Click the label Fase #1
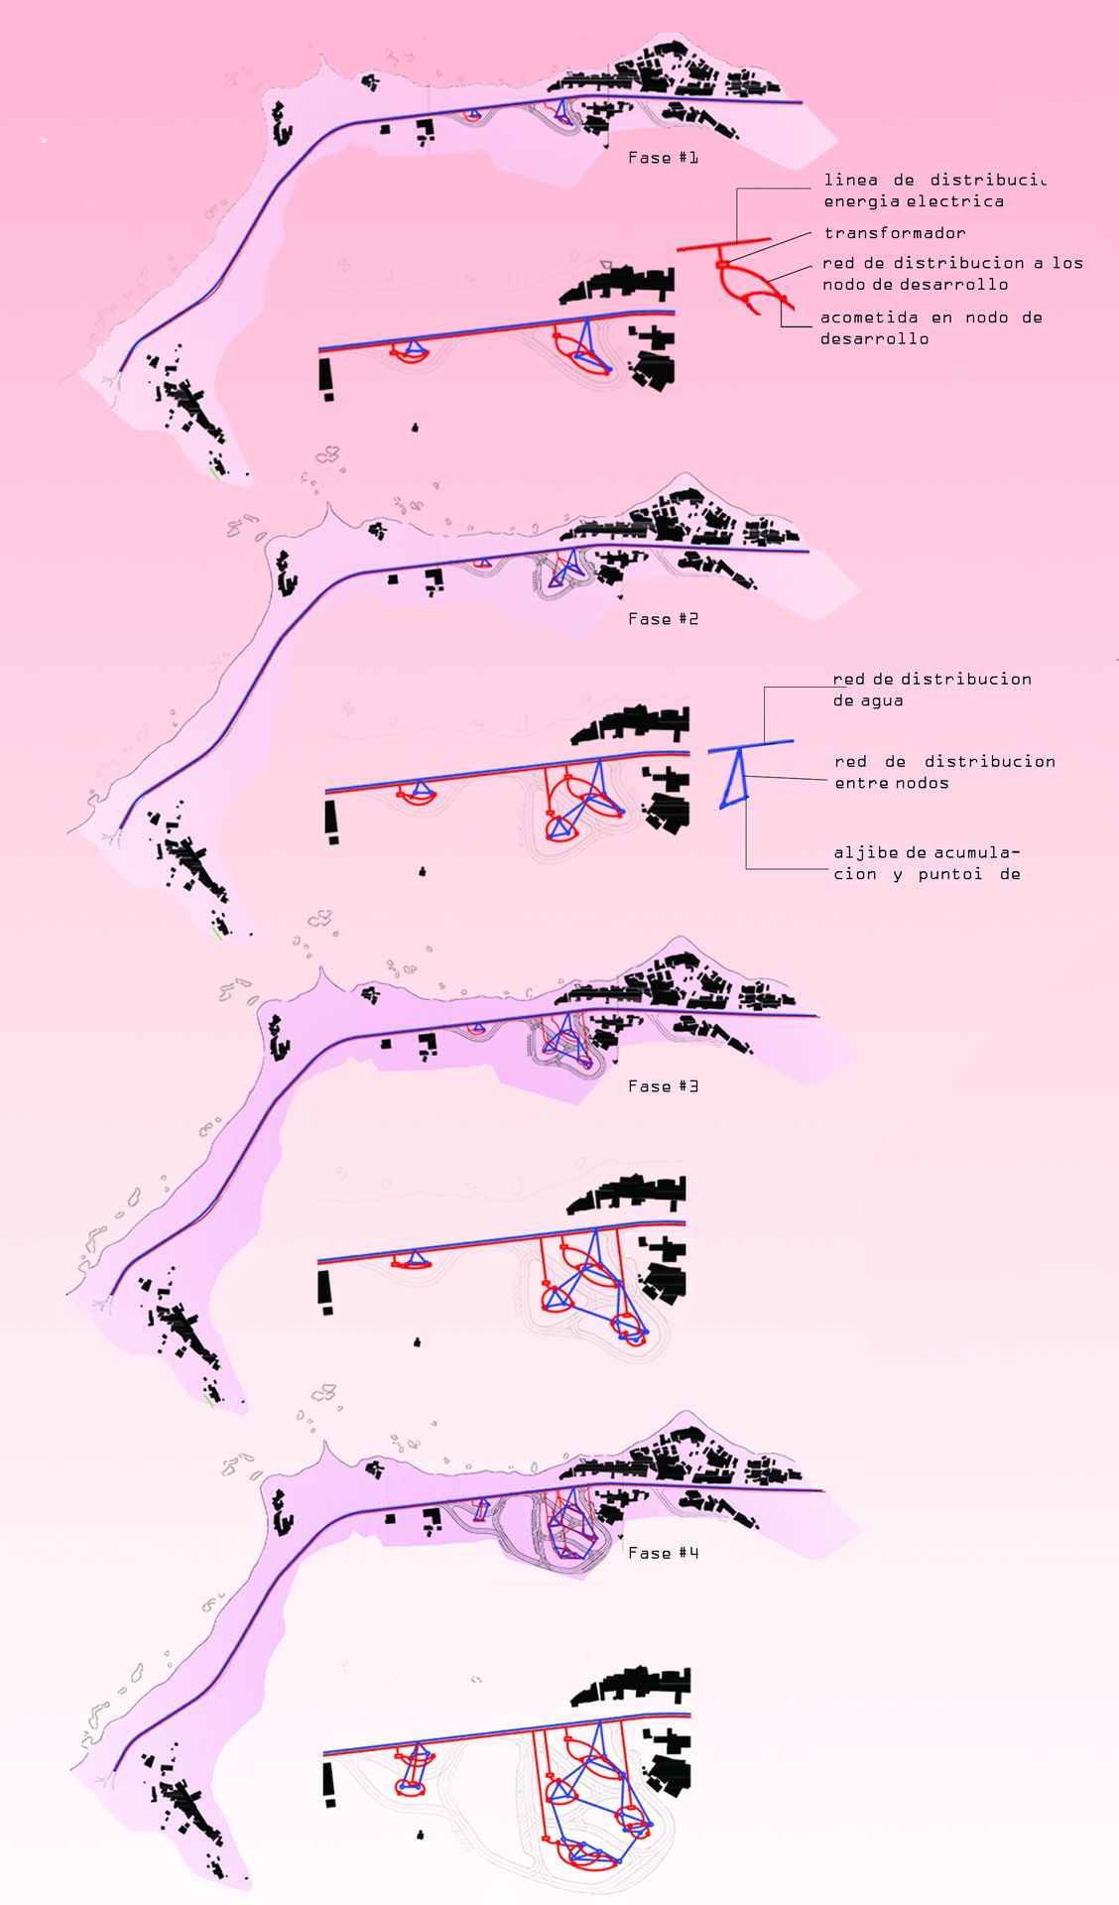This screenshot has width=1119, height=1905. pyautogui.click(x=664, y=158)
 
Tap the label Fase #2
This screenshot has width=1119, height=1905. pyautogui.click(x=664, y=619)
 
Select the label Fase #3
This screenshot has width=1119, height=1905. pyautogui.click(x=664, y=1086)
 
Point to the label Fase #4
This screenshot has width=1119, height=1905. pyautogui.click(x=664, y=1553)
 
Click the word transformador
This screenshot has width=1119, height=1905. pyautogui.click(x=895, y=233)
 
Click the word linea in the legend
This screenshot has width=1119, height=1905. pyautogui.click(x=851, y=181)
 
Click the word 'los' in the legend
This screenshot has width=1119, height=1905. pyautogui.click(x=1067, y=263)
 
